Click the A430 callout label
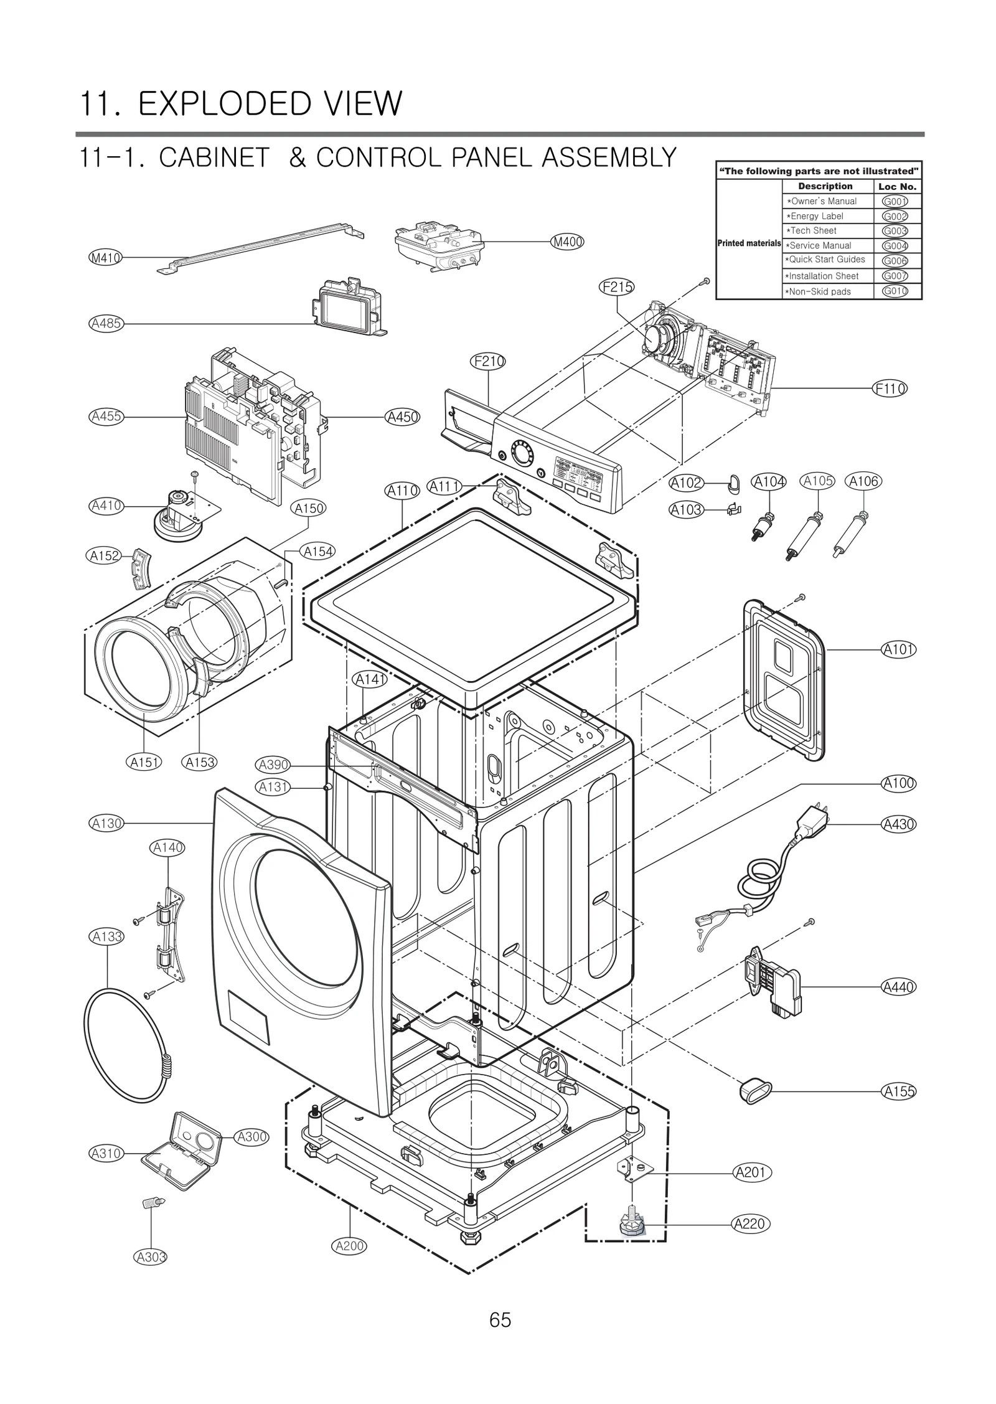pos(899,824)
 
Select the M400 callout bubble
pos(567,242)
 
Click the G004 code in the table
pos(895,245)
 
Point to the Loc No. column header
pos(897,186)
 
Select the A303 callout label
pos(151,1256)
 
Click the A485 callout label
pos(106,323)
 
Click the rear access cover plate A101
pos(784,679)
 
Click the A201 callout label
pos(751,1172)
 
